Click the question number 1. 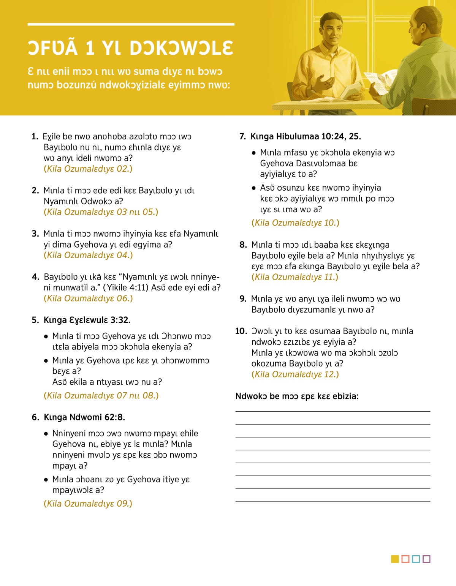[35, 137]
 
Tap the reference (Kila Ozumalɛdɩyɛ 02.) [88, 169]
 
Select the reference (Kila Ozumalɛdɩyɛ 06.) [88, 299]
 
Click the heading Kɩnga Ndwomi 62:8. [84, 417]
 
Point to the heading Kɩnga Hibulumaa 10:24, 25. [306, 136]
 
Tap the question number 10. [241, 331]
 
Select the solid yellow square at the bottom [395, 559]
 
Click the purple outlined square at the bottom [426, 559]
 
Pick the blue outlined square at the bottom [416, 559]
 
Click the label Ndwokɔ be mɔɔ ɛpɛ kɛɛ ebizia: [297, 396]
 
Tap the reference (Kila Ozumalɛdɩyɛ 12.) [295, 374]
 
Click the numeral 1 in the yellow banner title [90, 48]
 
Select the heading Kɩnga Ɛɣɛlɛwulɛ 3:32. [87, 320]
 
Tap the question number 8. [243, 245]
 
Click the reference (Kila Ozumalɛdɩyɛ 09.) [88, 504]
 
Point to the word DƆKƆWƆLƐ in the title [181, 48]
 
